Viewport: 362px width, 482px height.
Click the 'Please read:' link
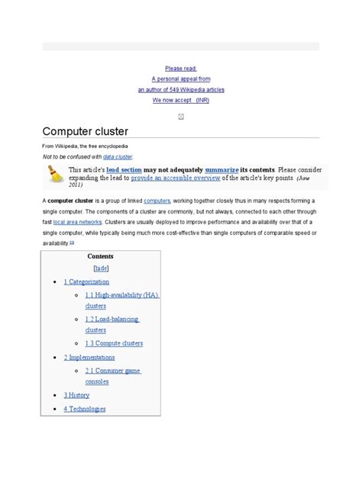click(x=180, y=68)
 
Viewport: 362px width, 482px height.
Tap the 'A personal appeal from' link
click(x=180, y=79)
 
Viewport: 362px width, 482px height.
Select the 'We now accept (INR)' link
click(x=180, y=100)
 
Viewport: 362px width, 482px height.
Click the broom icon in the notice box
click(x=56, y=175)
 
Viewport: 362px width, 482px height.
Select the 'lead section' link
click(x=123, y=169)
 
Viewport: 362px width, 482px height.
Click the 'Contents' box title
click(x=100, y=256)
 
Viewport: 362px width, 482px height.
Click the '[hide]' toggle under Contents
click(x=100, y=268)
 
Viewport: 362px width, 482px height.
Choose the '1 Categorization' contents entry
click(x=86, y=282)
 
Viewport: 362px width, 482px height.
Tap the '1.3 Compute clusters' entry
click(x=114, y=343)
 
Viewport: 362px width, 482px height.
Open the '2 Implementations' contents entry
click(x=89, y=357)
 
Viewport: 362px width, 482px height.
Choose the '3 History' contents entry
click(x=76, y=395)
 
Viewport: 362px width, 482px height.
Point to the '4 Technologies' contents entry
click(x=85, y=409)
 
